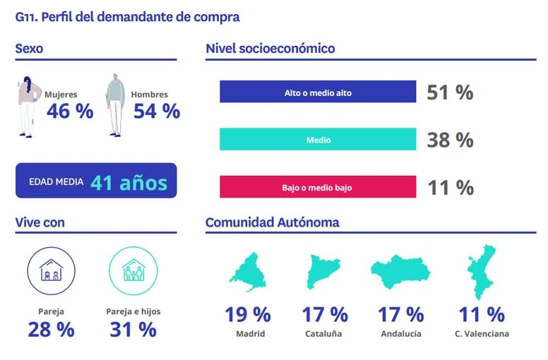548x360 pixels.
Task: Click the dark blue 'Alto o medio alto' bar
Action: click(318, 92)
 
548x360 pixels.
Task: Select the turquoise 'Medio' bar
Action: click(318, 140)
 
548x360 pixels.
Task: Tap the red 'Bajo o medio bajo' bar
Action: click(318, 188)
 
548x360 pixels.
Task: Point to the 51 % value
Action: click(450, 92)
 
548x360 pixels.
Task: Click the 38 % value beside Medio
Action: click(450, 140)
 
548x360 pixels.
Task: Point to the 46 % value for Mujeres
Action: click(70, 111)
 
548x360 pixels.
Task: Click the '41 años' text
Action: click(129, 182)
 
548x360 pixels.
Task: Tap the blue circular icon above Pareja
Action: click(50, 270)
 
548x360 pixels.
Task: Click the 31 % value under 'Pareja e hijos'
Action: click(133, 329)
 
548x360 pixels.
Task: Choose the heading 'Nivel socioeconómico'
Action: click(270, 49)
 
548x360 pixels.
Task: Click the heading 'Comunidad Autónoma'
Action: click(272, 222)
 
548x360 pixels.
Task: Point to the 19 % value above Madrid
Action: click(248, 314)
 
